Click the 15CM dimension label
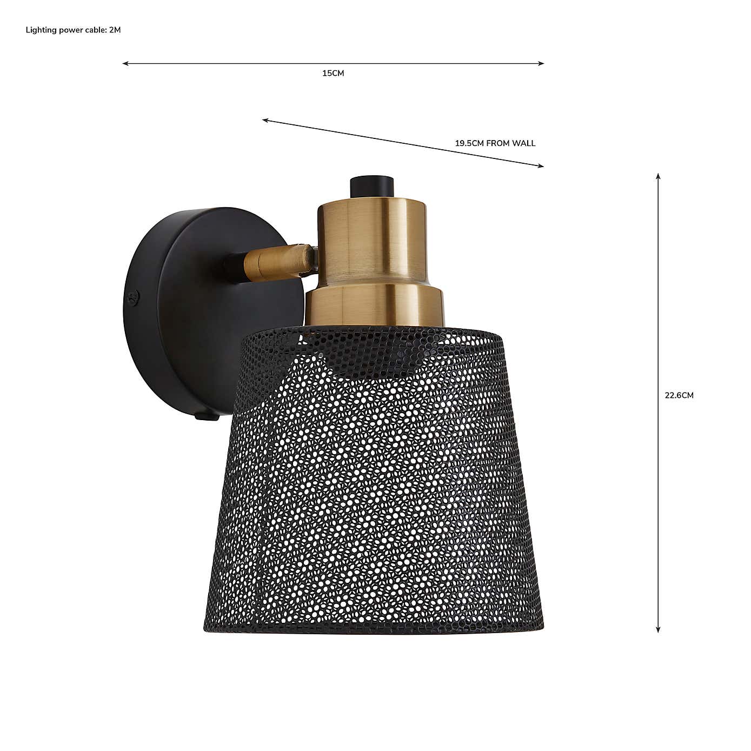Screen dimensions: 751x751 point(333,74)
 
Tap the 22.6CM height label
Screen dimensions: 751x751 point(679,395)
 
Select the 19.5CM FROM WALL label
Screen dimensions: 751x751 point(495,143)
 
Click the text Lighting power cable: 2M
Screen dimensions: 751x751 point(73,30)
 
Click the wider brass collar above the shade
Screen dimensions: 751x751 point(374,305)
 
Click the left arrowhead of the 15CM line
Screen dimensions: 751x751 point(124,64)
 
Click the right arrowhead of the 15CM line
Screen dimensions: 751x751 point(542,64)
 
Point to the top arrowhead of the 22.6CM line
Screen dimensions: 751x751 point(658,176)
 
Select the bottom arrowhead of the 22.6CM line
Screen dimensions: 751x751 point(658,630)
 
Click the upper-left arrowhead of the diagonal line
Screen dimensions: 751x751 point(265,120)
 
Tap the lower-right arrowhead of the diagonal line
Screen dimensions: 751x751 point(541,166)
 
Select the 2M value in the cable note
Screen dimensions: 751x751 point(115,30)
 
